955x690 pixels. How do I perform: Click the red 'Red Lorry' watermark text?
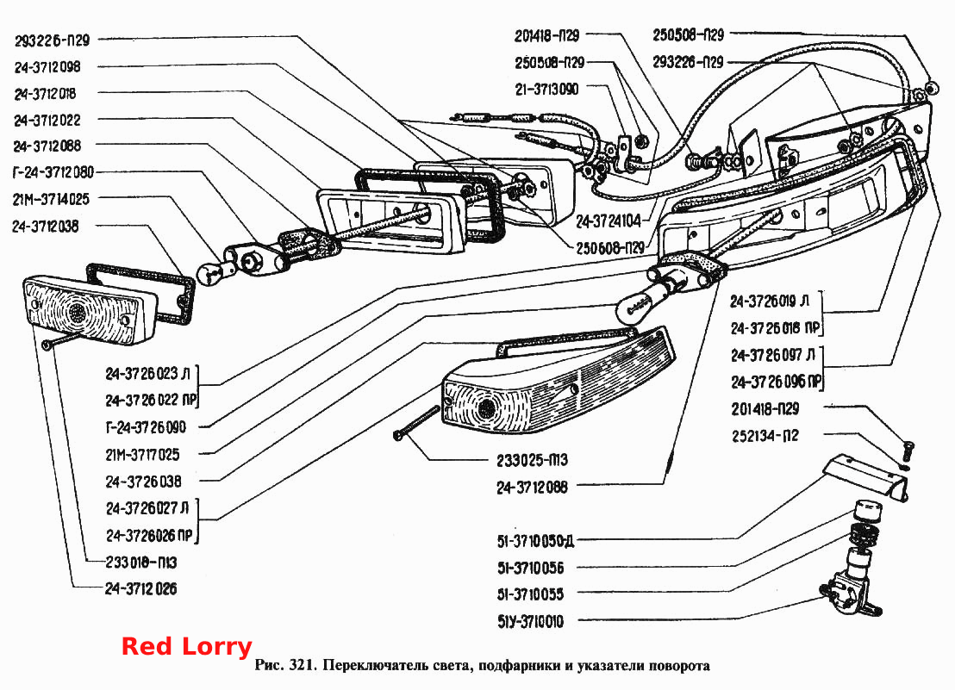(x=186, y=647)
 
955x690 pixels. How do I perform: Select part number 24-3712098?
(x=47, y=67)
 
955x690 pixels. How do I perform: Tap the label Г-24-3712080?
(x=53, y=172)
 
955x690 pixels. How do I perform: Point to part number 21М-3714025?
(x=51, y=199)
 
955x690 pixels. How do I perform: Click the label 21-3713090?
(x=546, y=90)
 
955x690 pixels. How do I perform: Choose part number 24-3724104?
(x=609, y=221)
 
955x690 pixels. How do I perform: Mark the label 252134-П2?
(x=765, y=436)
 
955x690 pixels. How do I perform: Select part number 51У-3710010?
(x=530, y=622)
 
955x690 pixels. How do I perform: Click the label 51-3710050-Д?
(x=535, y=541)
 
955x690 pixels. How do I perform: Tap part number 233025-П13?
(x=533, y=460)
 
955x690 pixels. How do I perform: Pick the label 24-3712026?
(x=140, y=588)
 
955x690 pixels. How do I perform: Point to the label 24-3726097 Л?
(x=773, y=355)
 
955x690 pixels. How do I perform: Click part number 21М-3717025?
(x=142, y=455)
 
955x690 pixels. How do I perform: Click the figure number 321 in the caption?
(x=302, y=665)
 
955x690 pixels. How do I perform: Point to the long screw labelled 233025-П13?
(x=416, y=422)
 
